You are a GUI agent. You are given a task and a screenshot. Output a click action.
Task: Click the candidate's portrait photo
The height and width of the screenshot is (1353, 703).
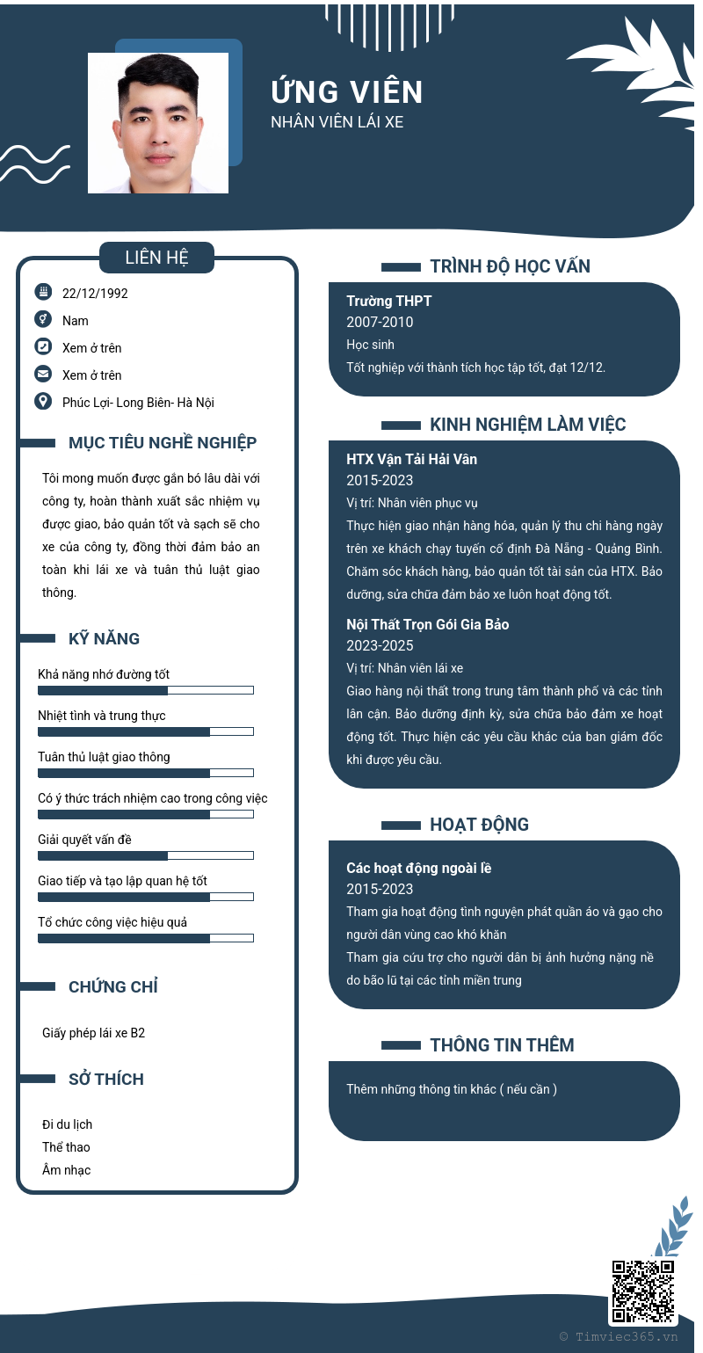point(158,123)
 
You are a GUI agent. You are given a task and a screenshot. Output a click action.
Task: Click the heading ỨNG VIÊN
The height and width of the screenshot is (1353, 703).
point(347,91)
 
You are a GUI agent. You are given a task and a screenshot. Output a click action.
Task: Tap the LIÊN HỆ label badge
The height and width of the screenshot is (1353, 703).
point(156,258)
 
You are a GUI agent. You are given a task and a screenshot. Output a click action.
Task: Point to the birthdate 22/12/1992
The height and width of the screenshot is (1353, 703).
point(95,294)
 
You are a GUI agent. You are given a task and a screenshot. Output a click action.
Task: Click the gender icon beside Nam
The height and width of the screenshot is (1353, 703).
point(43,319)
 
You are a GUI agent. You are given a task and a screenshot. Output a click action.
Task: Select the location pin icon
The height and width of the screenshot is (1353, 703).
point(43,401)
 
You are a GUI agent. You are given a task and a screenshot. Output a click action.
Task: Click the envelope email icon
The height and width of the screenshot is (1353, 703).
point(43,374)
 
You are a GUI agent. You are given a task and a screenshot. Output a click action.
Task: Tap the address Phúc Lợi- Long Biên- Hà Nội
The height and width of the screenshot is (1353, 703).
point(138,403)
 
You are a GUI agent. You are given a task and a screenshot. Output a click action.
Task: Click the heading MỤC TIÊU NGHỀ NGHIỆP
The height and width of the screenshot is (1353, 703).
point(163,443)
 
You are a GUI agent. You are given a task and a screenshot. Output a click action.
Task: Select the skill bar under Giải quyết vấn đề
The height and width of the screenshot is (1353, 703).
point(146,855)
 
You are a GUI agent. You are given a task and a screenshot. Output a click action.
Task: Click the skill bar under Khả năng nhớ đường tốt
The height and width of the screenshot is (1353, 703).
point(146,690)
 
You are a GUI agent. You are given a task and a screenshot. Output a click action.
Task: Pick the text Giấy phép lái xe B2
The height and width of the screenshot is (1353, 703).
point(93,1033)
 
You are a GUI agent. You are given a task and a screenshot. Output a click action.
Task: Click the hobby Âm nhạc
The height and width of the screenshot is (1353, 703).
point(66,1170)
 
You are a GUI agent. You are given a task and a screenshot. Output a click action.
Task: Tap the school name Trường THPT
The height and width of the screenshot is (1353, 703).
point(389,301)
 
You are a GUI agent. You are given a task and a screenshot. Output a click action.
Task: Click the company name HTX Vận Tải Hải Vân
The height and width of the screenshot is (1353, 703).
point(411,459)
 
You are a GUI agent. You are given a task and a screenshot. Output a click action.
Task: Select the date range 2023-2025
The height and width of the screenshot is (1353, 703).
point(380,645)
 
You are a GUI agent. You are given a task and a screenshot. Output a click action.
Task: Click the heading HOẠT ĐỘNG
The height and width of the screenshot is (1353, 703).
point(479,825)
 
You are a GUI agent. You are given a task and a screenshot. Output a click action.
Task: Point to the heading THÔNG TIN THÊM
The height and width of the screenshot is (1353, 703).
point(502,1045)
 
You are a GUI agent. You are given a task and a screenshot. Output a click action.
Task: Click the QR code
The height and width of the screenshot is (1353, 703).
point(643,1291)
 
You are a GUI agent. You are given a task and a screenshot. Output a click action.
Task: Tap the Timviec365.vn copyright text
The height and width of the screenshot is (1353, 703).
point(619,1336)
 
